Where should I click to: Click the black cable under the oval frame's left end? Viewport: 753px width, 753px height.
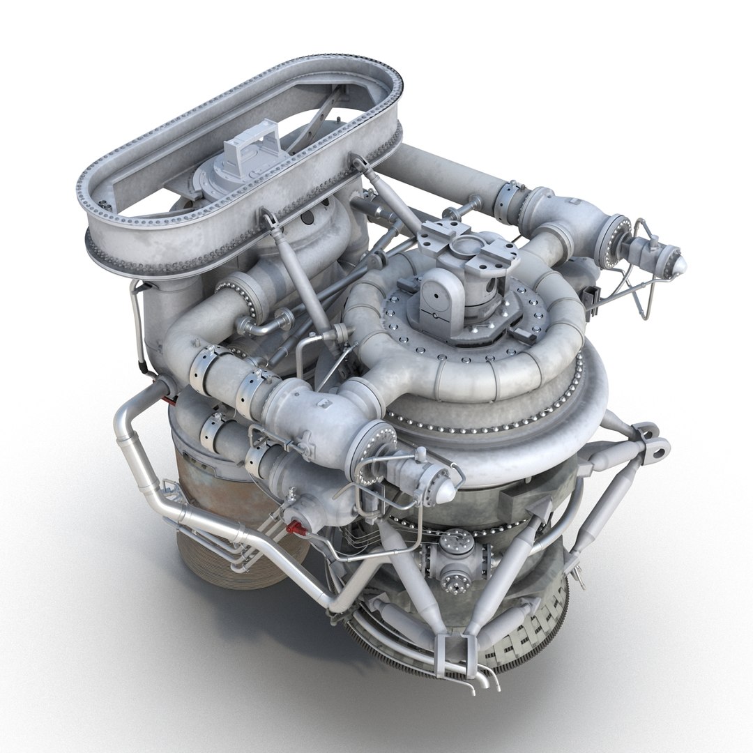[139, 328]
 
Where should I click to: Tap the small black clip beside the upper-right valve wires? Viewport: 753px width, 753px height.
[594, 293]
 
